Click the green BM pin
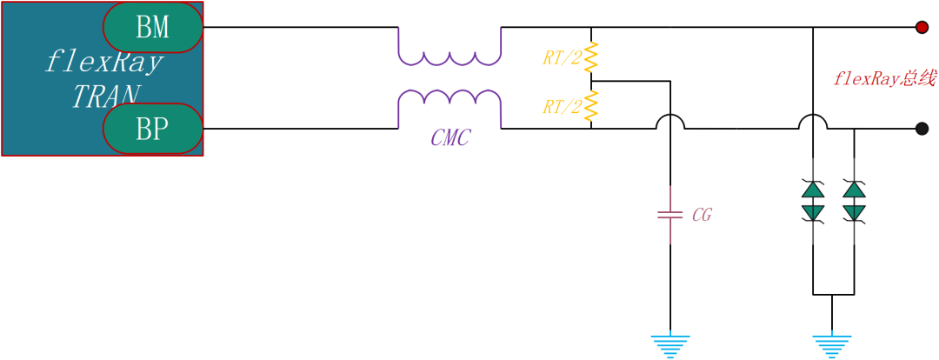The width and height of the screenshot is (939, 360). click(153, 27)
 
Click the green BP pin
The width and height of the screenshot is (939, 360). click(153, 129)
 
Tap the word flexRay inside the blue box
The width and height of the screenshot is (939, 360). click(103, 63)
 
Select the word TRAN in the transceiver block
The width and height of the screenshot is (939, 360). click(107, 96)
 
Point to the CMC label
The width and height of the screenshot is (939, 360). click(450, 139)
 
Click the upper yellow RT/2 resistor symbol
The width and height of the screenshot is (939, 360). click(591, 57)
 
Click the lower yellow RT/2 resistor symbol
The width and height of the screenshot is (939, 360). click(591, 105)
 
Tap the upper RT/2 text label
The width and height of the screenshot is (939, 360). click(562, 58)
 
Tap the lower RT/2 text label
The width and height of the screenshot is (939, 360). click(562, 107)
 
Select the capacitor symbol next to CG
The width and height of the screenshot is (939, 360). click(670, 215)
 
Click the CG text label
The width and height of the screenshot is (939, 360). click(702, 216)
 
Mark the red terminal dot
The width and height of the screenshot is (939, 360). click(922, 27)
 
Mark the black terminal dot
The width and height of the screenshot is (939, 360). click(922, 129)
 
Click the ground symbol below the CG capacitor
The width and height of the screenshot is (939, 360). click(670, 346)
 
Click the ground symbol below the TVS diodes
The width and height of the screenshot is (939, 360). click(832, 346)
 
